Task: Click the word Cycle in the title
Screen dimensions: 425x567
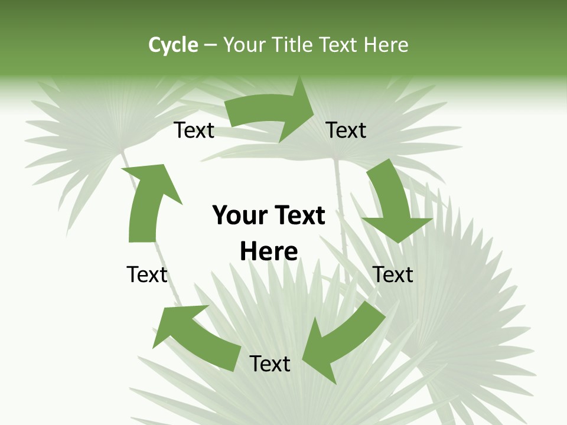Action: pyautogui.click(x=173, y=45)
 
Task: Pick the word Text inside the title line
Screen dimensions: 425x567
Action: pyautogui.click(x=341, y=45)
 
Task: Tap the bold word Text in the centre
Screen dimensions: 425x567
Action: pyautogui.click(x=297, y=215)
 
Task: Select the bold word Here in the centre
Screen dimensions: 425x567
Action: pyautogui.click(x=269, y=251)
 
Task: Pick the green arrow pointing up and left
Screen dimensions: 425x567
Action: pyautogui.click(x=195, y=334)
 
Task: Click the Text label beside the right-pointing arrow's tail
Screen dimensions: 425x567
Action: pyautogui.click(x=194, y=130)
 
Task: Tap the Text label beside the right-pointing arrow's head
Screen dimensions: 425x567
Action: pyautogui.click(x=346, y=130)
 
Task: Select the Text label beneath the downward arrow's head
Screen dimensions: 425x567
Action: pyautogui.click(x=393, y=274)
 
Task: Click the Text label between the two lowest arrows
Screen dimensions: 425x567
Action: pyautogui.click(x=270, y=364)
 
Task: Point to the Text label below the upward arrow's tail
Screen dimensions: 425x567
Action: pyautogui.click(x=147, y=274)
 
